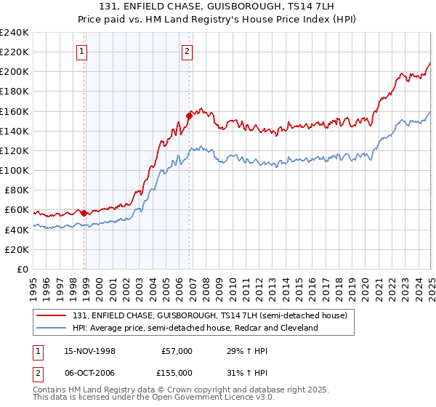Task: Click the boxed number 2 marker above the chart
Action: (x=187, y=51)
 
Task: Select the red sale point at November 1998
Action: (x=84, y=213)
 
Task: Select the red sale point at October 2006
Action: (x=189, y=115)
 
